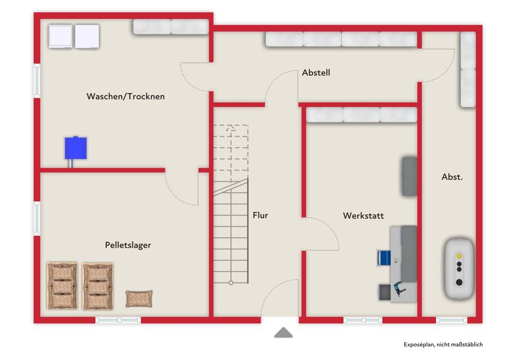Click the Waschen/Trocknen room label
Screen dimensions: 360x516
point(125,96)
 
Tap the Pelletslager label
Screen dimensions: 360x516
point(128,245)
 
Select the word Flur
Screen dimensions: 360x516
point(260,215)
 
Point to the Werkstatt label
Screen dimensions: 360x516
point(363,215)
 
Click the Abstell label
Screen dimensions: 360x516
point(316,73)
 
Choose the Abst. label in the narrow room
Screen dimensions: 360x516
point(452,177)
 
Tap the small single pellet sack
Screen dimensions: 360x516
point(139,298)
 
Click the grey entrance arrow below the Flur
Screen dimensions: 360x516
point(283,333)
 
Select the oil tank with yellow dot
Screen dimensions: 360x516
point(459,268)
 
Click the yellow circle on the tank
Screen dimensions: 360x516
point(459,256)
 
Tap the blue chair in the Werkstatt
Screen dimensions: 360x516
point(384,257)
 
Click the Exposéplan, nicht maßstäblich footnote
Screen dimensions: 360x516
point(443,345)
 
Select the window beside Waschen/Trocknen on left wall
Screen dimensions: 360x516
point(37,80)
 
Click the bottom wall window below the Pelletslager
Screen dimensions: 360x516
point(118,320)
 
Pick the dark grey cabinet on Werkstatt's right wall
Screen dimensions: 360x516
point(410,176)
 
